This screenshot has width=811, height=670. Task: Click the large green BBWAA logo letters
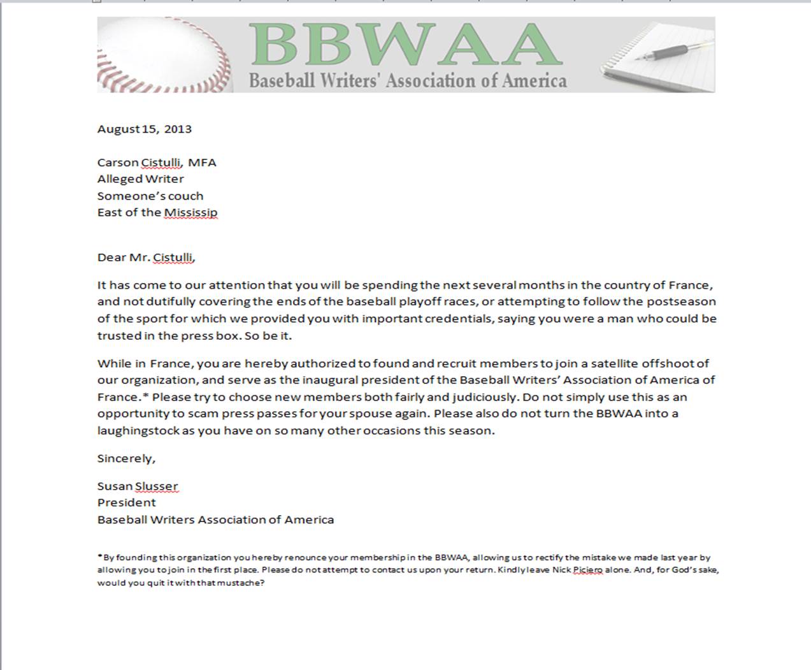click(x=405, y=45)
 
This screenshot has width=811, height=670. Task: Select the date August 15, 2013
click(x=145, y=129)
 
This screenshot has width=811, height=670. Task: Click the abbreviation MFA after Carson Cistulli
click(x=202, y=163)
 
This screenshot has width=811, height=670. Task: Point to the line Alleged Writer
click(x=140, y=179)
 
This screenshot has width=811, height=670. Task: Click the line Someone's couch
click(x=150, y=196)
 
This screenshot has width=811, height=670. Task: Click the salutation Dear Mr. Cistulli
click(x=146, y=258)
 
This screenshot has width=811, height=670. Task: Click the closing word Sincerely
click(x=126, y=458)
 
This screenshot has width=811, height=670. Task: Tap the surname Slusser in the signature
click(x=156, y=486)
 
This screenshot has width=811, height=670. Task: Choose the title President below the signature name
click(x=126, y=503)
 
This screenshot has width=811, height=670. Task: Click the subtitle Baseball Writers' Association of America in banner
click(x=408, y=81)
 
